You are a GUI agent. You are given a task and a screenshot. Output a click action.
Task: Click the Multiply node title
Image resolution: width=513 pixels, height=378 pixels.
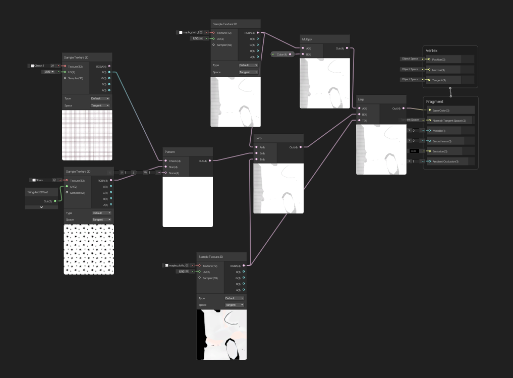[307, 39]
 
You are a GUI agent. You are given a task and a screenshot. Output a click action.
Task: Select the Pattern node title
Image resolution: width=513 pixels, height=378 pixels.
[169, 151]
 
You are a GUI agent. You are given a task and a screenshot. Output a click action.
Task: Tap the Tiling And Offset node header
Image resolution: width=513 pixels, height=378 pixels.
[38, 192]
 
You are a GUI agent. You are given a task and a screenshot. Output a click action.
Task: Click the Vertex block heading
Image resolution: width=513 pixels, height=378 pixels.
[432, 50]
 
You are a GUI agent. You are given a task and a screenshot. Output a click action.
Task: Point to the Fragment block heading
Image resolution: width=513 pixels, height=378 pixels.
[435, 101]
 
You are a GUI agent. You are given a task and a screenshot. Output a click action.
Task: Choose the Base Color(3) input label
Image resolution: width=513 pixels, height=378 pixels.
[441, 111]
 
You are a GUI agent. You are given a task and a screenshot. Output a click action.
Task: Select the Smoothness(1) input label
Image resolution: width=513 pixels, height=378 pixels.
[441, 141]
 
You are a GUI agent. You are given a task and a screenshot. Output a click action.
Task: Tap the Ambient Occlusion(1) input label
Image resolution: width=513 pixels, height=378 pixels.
[445, 161]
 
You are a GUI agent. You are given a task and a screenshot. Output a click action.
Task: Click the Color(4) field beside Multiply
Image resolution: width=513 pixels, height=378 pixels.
[281, 55]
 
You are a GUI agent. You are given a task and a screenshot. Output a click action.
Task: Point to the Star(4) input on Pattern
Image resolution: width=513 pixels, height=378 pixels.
[173, 167]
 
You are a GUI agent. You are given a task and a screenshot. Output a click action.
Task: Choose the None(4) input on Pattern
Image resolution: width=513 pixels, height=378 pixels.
[174, 173]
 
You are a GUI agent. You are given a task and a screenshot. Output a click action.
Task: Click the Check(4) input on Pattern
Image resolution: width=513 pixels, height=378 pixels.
[175, 161]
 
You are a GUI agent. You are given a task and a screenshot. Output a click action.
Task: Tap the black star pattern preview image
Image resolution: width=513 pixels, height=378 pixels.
[89, 249]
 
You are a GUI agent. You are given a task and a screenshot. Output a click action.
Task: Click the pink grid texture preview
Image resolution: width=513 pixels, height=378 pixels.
[87, 135]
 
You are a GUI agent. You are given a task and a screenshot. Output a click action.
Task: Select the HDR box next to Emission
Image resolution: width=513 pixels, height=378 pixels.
[414, 151]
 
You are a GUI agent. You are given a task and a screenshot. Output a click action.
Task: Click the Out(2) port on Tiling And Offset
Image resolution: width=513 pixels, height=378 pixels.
[55, 201]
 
